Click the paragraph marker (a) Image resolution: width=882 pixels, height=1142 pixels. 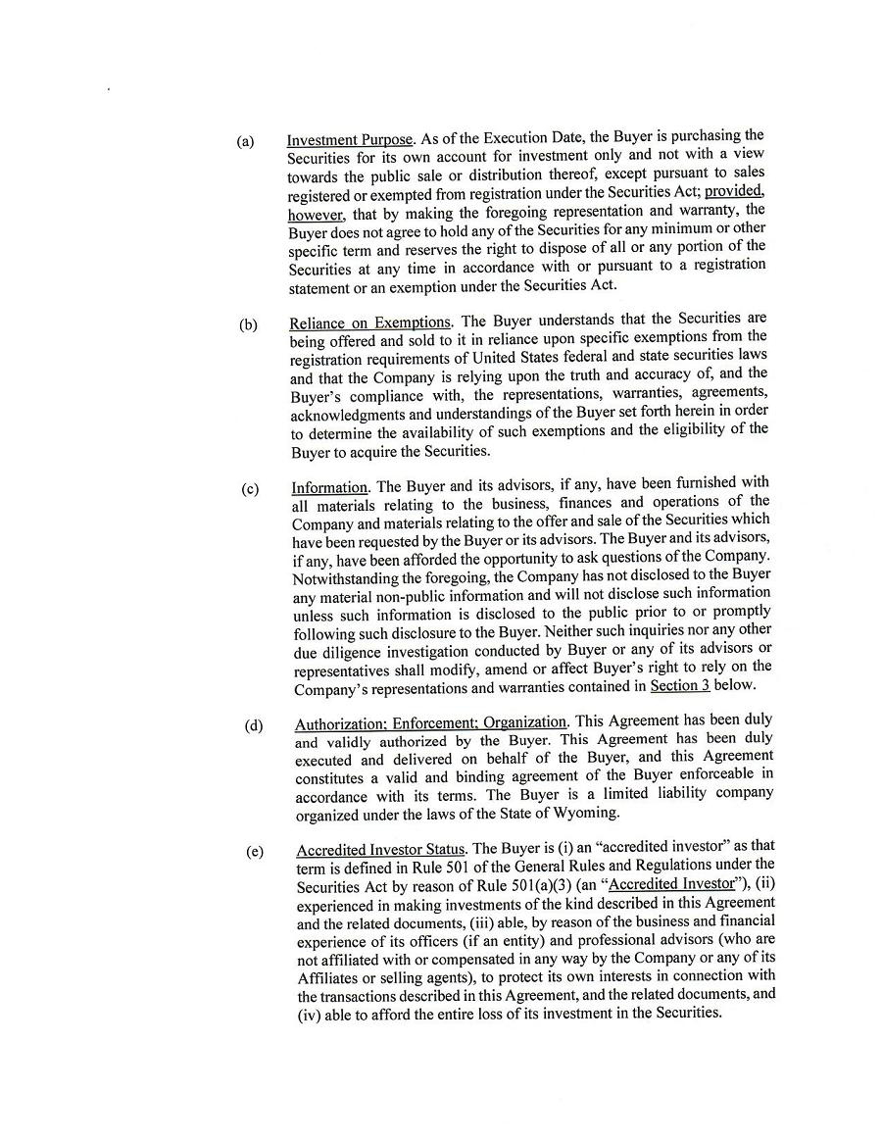245,142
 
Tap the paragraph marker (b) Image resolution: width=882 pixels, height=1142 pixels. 248,324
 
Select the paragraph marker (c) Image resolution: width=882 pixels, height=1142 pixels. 250,489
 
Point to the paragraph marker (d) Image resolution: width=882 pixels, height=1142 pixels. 254,726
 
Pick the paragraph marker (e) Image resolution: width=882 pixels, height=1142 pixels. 255,851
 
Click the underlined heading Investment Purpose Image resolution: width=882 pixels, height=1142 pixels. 350,140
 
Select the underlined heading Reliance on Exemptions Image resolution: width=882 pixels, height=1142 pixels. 370,323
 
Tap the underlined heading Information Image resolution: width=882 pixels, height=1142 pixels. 329,487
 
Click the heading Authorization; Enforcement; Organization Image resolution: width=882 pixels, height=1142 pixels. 430,723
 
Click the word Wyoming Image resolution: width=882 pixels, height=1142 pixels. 585,813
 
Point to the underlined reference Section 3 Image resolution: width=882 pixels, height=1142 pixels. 679,685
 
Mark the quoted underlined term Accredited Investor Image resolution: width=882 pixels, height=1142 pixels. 671,884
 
